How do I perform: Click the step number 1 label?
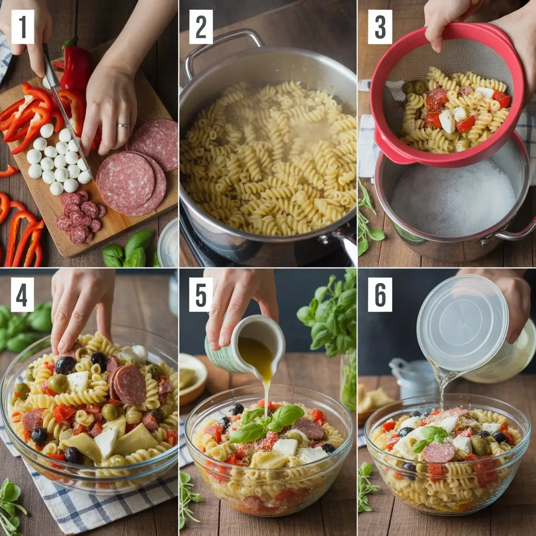click(x=23, y=27)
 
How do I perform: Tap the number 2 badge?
click(x=201, y=27)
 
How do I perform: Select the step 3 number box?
click(x=379, y=27)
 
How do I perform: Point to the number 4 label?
click(x=23, y=295)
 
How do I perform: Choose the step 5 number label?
click(x=201, y=295)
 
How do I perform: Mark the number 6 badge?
click(x=379, y=295)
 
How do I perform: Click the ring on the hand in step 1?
click(x=124, y=126)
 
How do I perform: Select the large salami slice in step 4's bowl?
click(x=129, y=385)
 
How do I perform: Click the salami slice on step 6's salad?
click(x=439, y=453)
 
